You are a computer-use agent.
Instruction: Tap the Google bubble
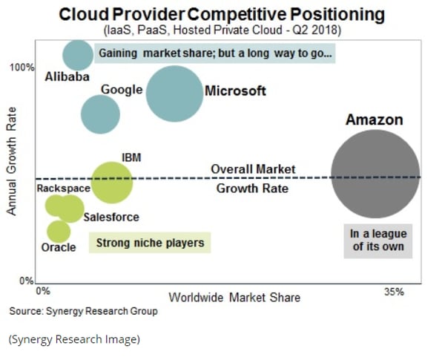click(100, 114)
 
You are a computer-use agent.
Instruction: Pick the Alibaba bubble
click(78, 54)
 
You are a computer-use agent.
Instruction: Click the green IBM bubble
click(112, 181)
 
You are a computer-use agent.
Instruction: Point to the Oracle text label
click(58, 247)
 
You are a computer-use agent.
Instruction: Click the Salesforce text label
click(111, 217)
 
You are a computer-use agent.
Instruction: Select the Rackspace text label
click(64, 189)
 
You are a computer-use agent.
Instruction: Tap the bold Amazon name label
click(375, 120)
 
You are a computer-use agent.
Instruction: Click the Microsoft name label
click(235, 91)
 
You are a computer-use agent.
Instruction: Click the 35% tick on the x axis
click(394, 292)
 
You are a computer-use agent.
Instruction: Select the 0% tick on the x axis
click(42, 292)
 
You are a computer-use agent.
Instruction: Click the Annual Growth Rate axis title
click(12, 169)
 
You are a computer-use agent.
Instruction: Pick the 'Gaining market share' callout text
click(215, 54)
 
